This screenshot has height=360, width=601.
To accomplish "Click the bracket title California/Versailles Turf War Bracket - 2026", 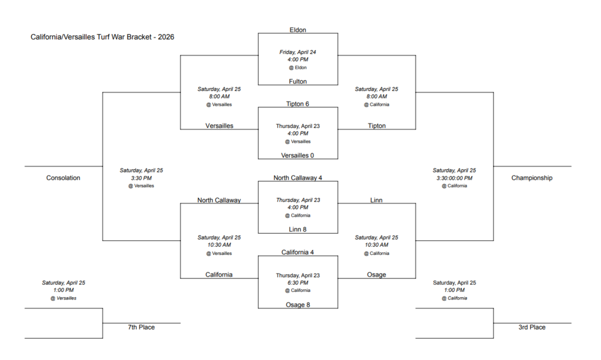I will tap(102, 37).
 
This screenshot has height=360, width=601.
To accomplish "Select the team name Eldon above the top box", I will tap(298, 30).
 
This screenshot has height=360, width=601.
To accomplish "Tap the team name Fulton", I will tap(298, 82).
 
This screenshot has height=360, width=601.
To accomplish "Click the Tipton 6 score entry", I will tap(298, 104).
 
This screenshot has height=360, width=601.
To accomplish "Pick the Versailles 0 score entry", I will tap(298, 155).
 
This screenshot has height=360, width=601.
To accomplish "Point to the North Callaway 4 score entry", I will tap(298, 177).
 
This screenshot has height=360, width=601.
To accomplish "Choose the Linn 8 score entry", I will tap(298, 229).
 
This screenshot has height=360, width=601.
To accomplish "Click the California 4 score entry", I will tap(298, 252).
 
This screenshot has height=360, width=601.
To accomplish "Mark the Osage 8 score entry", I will tap(298, 305).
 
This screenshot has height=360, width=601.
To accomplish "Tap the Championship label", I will tap(531, 178).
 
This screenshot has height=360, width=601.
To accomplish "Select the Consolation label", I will tap(63, 178).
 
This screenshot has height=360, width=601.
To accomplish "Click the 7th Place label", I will tap(141, 327).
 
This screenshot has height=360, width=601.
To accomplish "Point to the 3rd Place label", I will tap(532, 327).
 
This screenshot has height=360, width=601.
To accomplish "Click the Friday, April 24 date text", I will tap(298, 52).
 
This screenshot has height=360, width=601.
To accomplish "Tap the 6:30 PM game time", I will tap(298, 282).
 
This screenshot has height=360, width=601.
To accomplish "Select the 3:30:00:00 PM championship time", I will tap(454, 178).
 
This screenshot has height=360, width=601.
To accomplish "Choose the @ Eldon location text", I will tap(298, 68).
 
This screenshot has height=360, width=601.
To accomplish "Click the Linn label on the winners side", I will tap(376, 200).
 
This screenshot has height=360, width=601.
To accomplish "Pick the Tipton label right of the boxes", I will tap(376, 126).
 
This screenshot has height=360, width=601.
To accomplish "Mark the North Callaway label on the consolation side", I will tap(219, 200).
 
